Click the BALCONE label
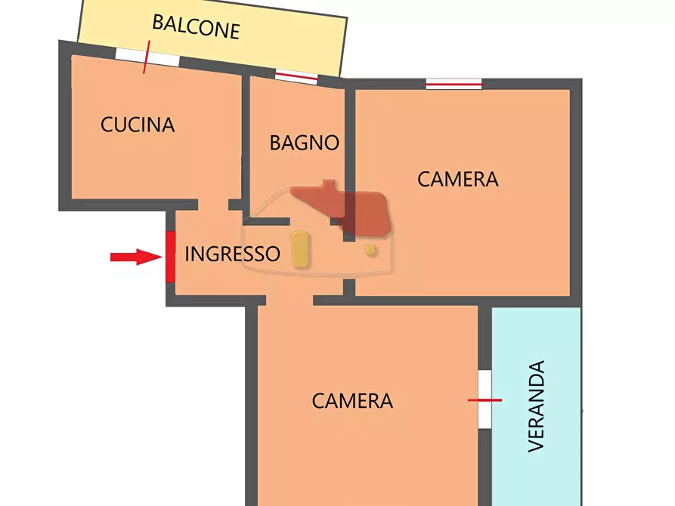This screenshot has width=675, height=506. tap(196, 26)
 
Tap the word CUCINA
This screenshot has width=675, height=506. tap(138, 125)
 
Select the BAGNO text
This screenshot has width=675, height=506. tap(304, 142)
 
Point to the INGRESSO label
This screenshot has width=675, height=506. tap(232, 255)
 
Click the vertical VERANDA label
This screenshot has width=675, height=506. tap(536, 406)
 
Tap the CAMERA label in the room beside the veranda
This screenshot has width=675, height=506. tap(352, 401)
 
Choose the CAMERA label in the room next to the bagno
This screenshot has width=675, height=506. tap(458, 180)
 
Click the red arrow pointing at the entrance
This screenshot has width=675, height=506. tap(136, 258)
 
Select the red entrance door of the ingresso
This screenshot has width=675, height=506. tap(170, 257)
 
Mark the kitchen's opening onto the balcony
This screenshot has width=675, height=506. tap(147, 57)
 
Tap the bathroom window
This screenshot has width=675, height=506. tap(296, 76)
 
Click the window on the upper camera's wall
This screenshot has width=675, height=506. tap(454, 84)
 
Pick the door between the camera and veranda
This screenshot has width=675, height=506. tap(485, 400)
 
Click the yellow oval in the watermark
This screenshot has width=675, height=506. tap(300, 248)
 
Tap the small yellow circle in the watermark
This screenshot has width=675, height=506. tap(370, 249)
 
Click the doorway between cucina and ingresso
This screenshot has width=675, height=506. tap(213, 205)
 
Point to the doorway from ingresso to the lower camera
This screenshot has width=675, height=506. tap(290, 300)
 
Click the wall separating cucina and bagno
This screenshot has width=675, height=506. tap(245, 140)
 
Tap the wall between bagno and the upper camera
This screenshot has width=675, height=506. tap(349, 151)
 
